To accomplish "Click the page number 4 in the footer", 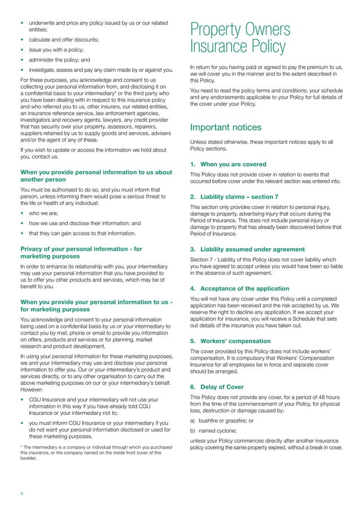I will tap(22, 493).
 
